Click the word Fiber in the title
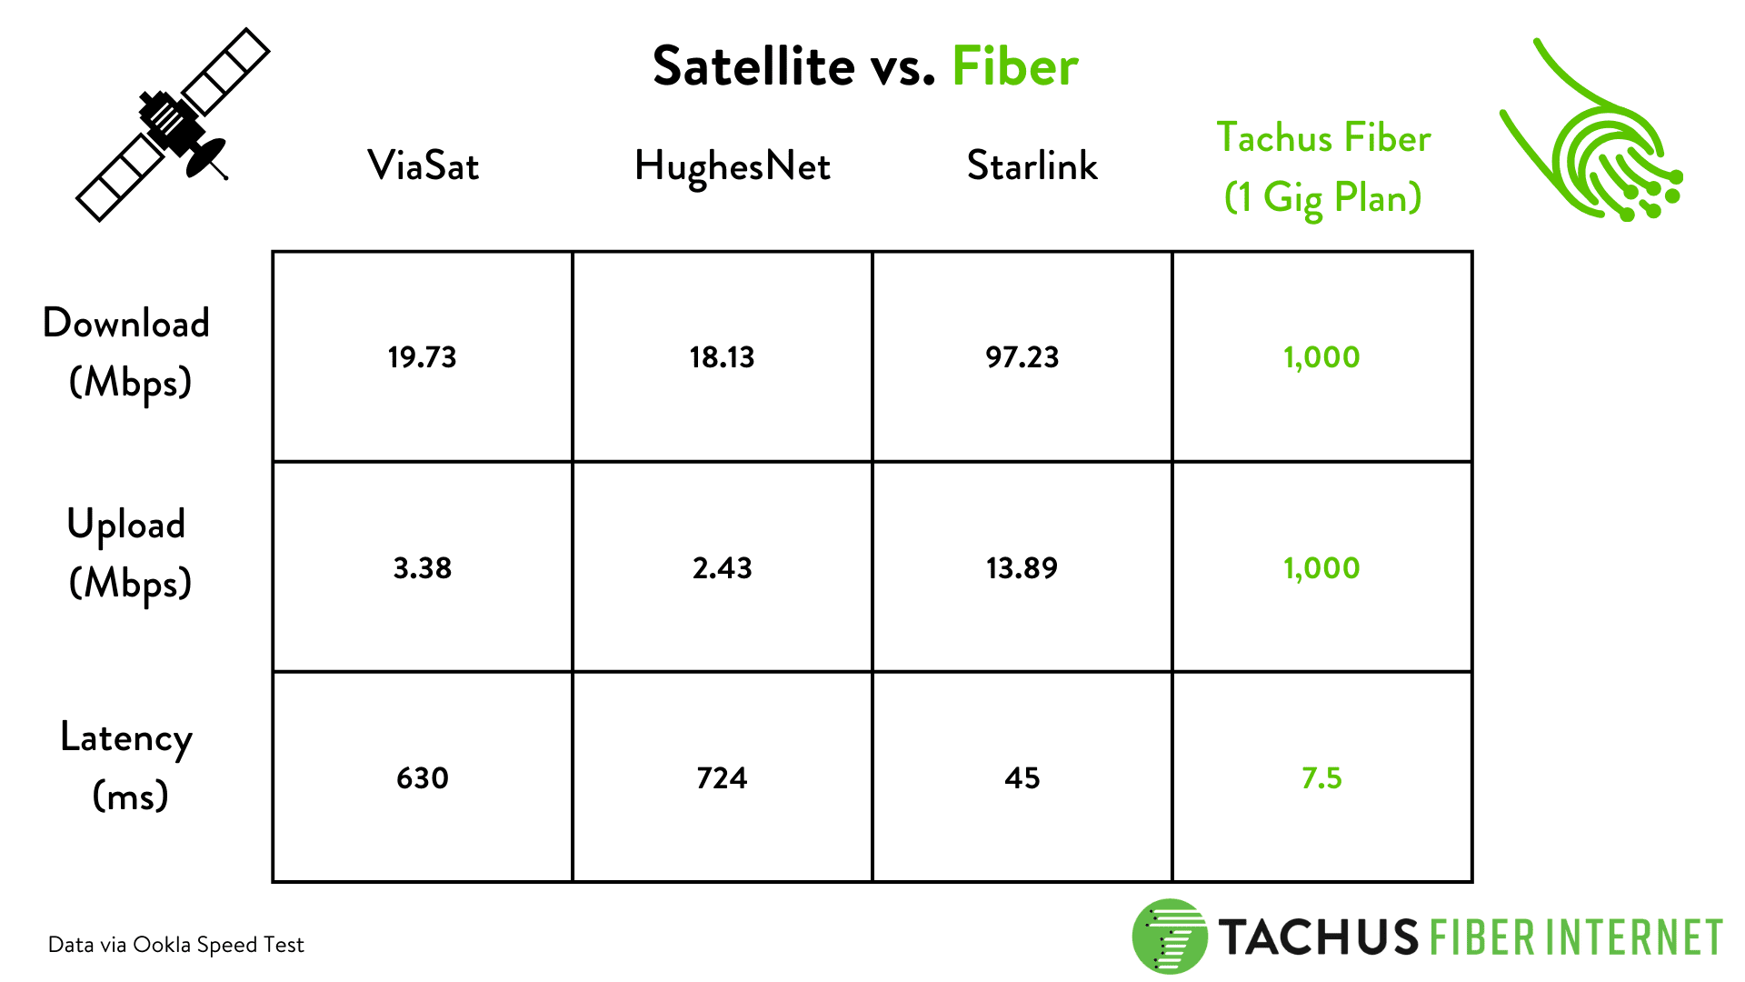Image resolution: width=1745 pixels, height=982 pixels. point(1014,66)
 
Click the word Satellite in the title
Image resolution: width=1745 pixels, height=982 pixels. point(753,66)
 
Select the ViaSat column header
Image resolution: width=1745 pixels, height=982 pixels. point(423,165)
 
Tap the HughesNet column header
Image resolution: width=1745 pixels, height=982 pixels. point(732,166)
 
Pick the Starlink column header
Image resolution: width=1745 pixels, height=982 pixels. point(1032,165)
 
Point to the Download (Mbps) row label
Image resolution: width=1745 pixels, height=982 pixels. point(127,352)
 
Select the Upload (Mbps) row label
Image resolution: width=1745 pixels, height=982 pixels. point(127,553)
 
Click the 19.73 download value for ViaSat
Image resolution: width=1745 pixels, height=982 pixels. point(422,357)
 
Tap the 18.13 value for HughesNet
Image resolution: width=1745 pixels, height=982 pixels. point(722,357)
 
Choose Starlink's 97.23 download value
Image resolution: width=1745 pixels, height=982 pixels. point(1022,357)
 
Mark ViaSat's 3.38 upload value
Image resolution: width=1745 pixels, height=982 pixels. point(422,568)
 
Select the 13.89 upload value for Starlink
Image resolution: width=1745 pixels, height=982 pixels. point(1022,568)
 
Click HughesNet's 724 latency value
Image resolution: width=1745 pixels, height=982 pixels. point(722,778)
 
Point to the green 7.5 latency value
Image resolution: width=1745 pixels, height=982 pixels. point(1321,778)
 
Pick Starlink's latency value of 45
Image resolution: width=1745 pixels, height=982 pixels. point(1022,778)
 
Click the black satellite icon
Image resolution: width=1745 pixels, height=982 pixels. point(173,125)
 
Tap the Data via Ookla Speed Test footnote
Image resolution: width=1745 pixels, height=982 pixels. point(175,945)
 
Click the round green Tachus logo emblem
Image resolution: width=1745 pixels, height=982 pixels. point(1169,937)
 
